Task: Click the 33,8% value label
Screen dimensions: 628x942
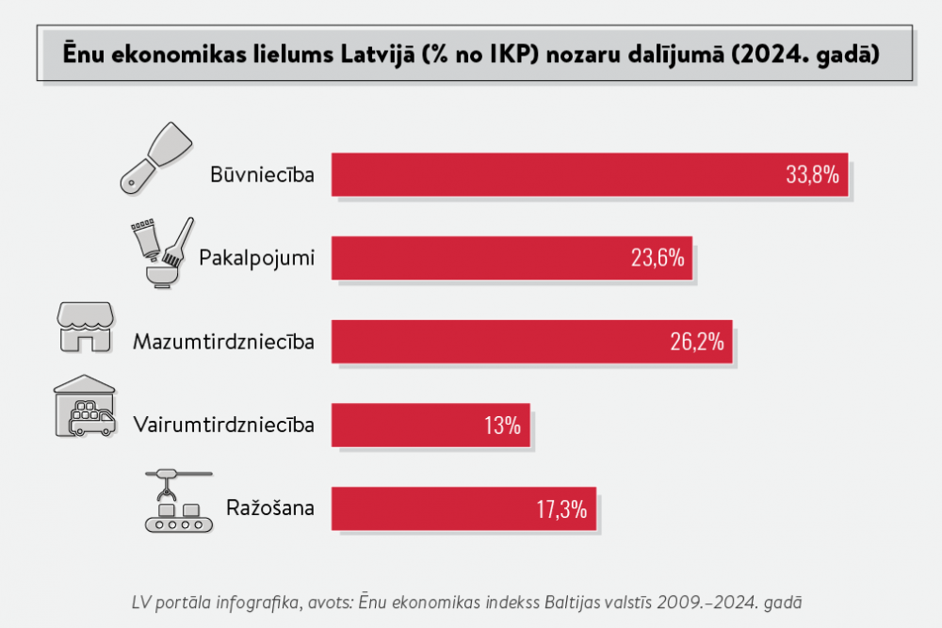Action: click(811, 174)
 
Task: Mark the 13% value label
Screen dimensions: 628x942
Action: click(503, 425)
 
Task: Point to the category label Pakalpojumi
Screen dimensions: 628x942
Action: click(256, 257)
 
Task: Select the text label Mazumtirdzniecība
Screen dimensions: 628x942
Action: click(223, 341)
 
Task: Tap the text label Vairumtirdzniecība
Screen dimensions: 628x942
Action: click(224, 425)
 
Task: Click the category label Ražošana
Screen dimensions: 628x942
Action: click(269, 509)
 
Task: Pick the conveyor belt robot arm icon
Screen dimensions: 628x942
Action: click(177, 502)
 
